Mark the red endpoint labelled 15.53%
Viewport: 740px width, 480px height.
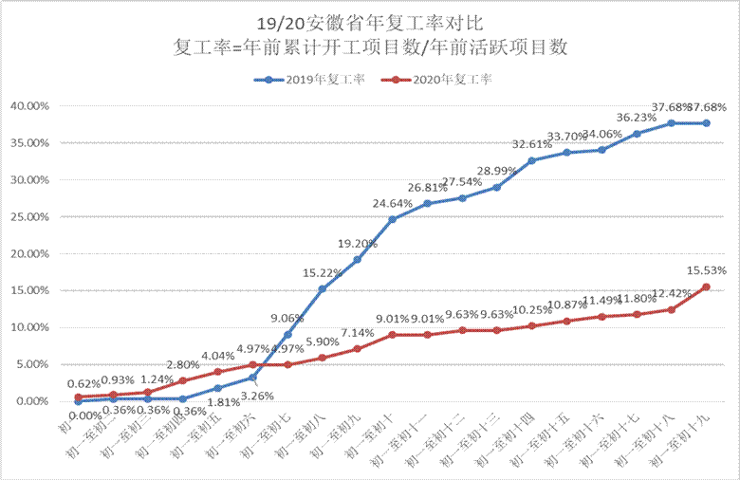[x=706, y=286]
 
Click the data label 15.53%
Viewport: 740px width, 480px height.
[x=706, y=273]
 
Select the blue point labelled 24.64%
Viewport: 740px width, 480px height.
[x=392, y=219]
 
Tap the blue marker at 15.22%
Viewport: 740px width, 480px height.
[x=322, y=288]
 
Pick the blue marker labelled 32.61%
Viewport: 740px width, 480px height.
[x=531, y=160]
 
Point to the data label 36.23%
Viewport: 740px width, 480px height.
[x=637, y=118]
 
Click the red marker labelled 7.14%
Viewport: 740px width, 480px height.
[x=357, y=348]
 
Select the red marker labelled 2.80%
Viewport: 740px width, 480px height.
[x=182, y=380]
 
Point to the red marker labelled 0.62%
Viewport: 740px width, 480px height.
[x=78, y=397]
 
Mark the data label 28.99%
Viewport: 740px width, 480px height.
[x=496, y=170]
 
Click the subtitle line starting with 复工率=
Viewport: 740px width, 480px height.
[x=370, y=47]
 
